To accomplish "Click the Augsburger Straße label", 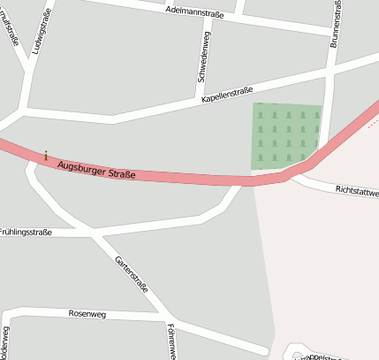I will pos(96,168).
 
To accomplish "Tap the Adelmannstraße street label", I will pos(194,11).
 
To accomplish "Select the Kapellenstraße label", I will pos(227,96).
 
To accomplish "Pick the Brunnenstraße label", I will pos(337,22).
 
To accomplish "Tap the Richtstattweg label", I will pos(357,191).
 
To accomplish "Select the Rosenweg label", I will pos(87,313).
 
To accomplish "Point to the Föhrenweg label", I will pos(169,341).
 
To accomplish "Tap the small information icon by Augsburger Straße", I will pos(46,156).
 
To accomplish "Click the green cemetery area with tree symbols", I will pos(286,134).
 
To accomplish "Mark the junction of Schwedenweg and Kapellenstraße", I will pos(199,101).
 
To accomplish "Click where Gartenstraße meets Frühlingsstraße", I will pos(95,234).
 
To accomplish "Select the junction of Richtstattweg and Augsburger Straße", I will pos(296,175).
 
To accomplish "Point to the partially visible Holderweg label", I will pos(5,343).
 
